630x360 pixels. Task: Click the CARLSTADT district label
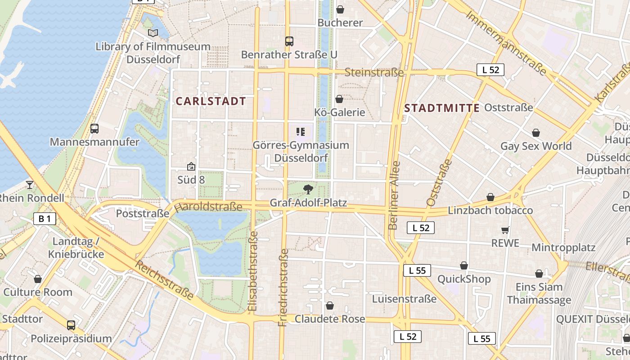(x=211, y=101)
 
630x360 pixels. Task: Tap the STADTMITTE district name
(x=442, y=108)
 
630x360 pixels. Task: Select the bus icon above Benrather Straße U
(x=289, y=41)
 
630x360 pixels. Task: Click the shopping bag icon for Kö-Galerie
(x=339, y=99)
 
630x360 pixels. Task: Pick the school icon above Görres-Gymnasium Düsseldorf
(x=301, y=132)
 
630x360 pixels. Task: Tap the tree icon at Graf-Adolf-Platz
(x=308, y=189)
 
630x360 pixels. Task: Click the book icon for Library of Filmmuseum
(x=153, y=33)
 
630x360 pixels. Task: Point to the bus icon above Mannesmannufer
(x=94, y=129)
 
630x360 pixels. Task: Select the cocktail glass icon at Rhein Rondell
(x=30, y=184)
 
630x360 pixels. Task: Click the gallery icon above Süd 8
(x=191, y=166)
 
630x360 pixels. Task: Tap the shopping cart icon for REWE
(x=505, y=230)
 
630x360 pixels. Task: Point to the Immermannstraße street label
(x=506, y=43)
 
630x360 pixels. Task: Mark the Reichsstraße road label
(x=165, y=280)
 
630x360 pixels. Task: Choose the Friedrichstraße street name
(x=283, y=287)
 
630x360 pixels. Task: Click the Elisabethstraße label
(x=253, y=271)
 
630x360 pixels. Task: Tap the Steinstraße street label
(x=374, y=72)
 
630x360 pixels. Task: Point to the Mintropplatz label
(x=563, y=247)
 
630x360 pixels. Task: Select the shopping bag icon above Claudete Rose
(x=330, y=306)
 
